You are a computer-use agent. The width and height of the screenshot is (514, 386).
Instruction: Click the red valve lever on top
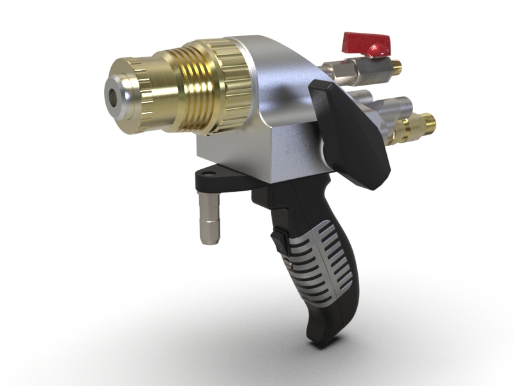click(x=367, y=43)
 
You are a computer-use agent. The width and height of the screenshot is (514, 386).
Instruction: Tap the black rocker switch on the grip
click(x=278, y=241)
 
